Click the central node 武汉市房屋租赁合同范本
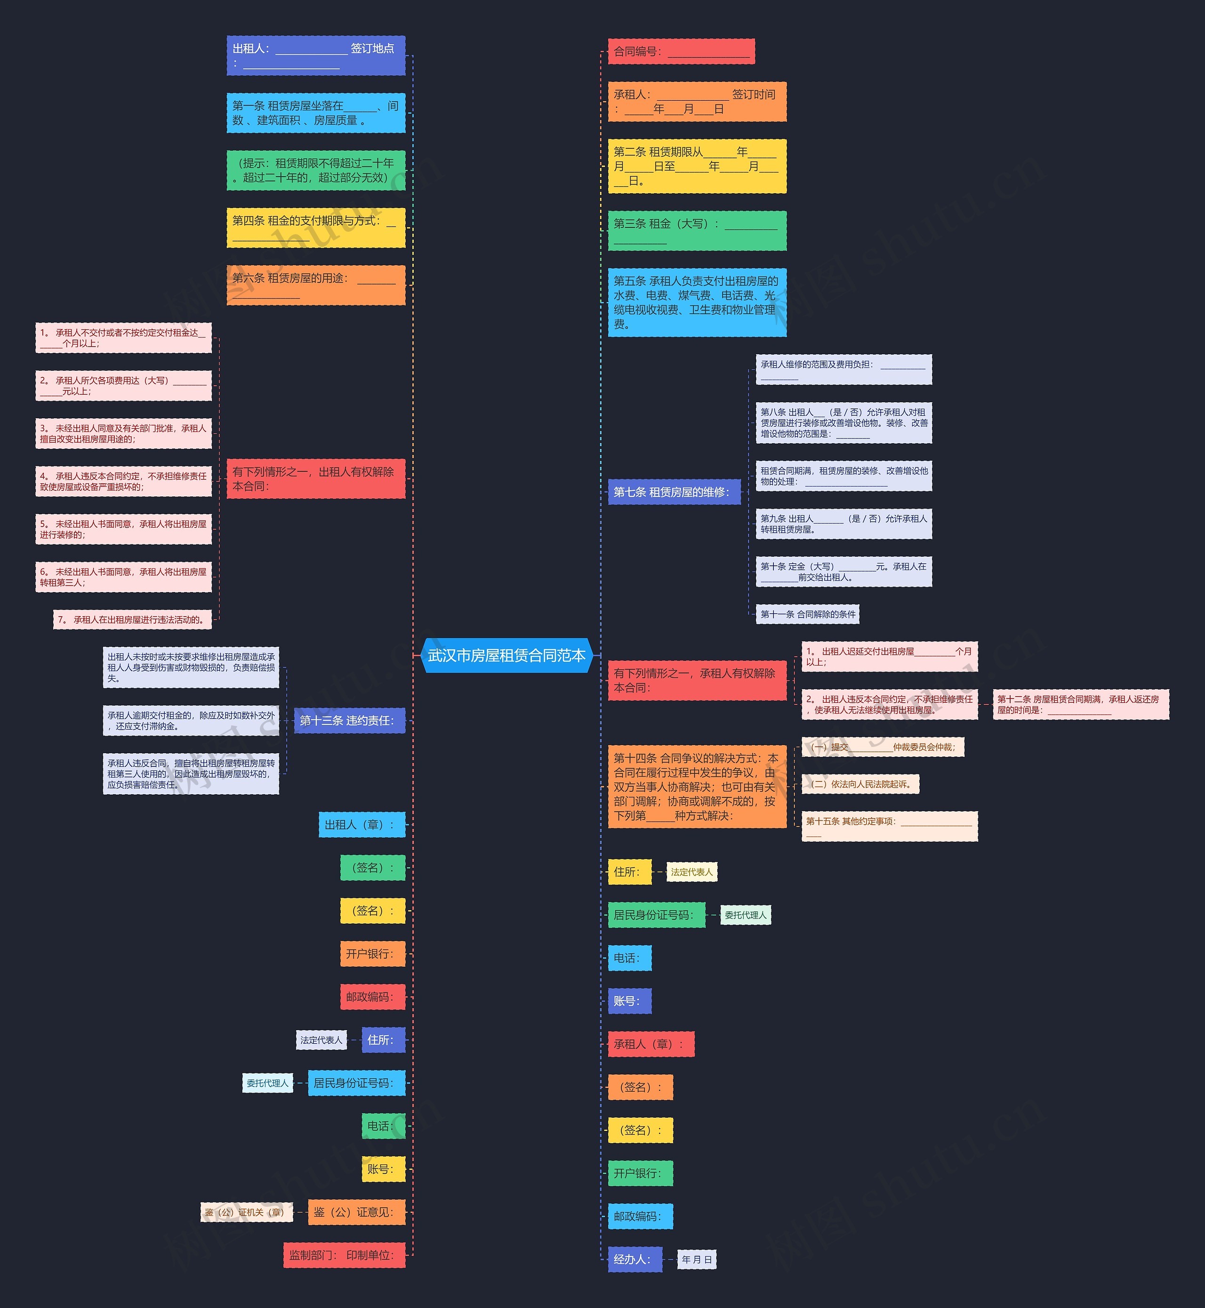[x=506, y=655]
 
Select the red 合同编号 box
[x=681, y=51]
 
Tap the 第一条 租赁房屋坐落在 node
[x=315, y=113]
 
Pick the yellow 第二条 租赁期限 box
[x=696, y=166]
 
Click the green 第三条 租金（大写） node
[x=696, y=230]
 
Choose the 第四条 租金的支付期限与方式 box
[x=315, y=227]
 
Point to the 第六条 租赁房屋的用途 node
[x=315, y=285]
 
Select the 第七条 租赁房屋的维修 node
[x=674, y=492]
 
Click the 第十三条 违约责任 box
[x=349, y=720]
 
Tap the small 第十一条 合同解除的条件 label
[x=807, y=614]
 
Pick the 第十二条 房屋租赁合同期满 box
[x=1080, y=705]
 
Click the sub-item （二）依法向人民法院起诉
[x=860, y=784]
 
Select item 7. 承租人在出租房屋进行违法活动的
[x=132, y=620]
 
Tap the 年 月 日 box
[x=696, y=1259]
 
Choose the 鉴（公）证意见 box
[x=356, y=1212]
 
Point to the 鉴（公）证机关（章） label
[x=247, y=1212]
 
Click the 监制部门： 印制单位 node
[x=344, y=1255]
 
